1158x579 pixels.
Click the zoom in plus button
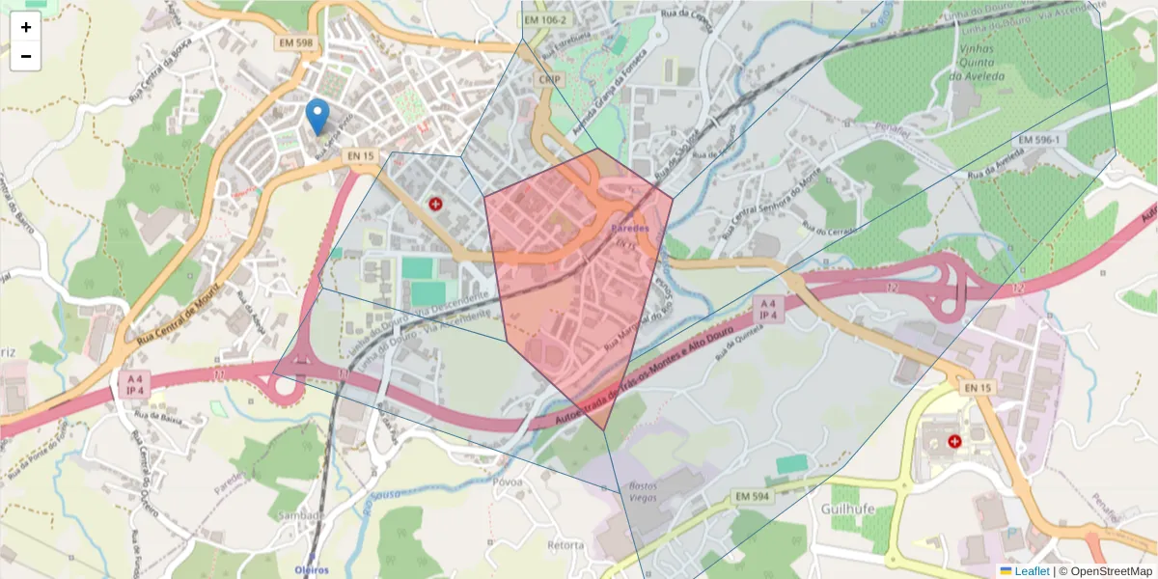coord(25,27)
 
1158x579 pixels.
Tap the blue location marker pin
coord(317,116)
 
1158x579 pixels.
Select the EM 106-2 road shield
coord(547,19)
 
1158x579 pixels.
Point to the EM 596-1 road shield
coord(1036,140)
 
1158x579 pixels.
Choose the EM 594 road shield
coord(752,496)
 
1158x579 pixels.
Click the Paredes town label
coord(631,229)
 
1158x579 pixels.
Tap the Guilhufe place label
coord(847,508)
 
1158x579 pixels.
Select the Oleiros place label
coord(312,570)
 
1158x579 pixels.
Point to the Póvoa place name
coord(507,482)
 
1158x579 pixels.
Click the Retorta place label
coord(565,545)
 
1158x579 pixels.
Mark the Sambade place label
coord(300,515)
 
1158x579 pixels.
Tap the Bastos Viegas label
coord(644,491)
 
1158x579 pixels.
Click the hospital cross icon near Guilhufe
coord(955,441)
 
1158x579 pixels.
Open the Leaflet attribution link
coord(1031,571)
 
